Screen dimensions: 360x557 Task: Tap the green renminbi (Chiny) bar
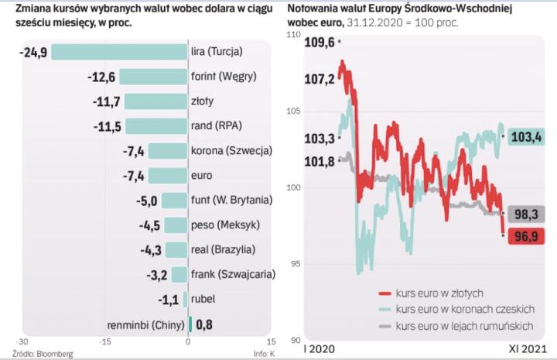click(190, 324)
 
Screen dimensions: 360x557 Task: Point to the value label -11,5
click(105, 126)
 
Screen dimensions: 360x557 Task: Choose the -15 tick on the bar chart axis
click(104, 341)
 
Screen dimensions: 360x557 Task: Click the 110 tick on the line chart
click(294, 36)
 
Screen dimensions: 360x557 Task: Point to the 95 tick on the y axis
click(295, 265)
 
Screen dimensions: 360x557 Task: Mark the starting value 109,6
click(320, 43)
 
